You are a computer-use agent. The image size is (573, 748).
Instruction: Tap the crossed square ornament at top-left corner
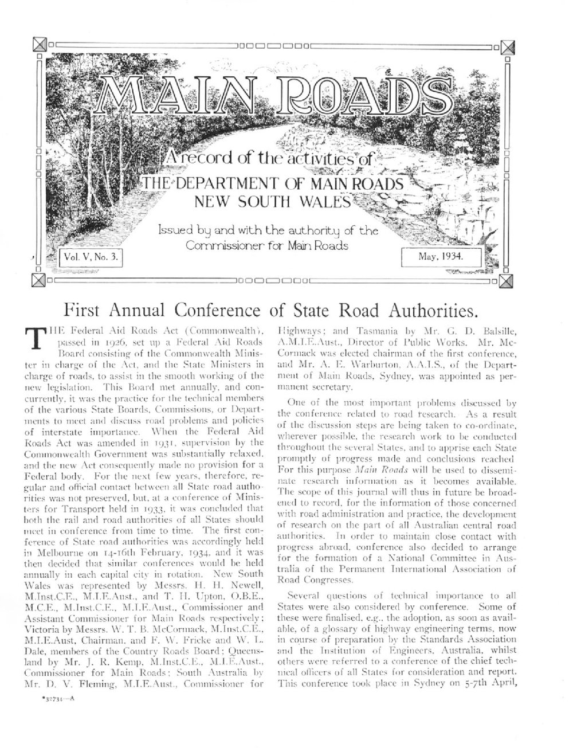click(x=39, y=44)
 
